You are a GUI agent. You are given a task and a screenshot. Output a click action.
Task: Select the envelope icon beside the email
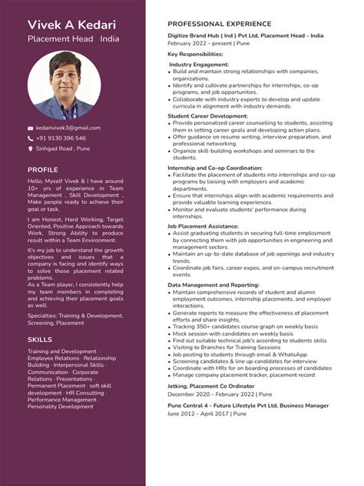[31, 128]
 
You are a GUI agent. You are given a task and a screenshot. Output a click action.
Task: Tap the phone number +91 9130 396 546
[61, 138]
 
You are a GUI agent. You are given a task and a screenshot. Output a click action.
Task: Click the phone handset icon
[31, 138]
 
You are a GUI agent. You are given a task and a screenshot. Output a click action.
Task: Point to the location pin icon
[31, 148]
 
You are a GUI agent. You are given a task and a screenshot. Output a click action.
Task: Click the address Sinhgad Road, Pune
[63, 148]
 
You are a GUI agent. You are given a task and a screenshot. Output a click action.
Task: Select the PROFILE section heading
[43, 170]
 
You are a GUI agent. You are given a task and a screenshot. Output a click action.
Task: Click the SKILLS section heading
[40, 339]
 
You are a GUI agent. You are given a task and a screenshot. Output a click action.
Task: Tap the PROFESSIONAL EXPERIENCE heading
[219, 25]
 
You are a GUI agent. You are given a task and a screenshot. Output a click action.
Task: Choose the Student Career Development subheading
[207, 115]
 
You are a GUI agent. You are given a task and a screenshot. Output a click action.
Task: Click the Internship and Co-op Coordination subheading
[214, 168]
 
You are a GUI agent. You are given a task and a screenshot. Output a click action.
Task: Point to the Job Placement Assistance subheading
[203, 227]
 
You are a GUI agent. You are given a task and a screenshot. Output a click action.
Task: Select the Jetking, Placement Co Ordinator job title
[210, 385]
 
